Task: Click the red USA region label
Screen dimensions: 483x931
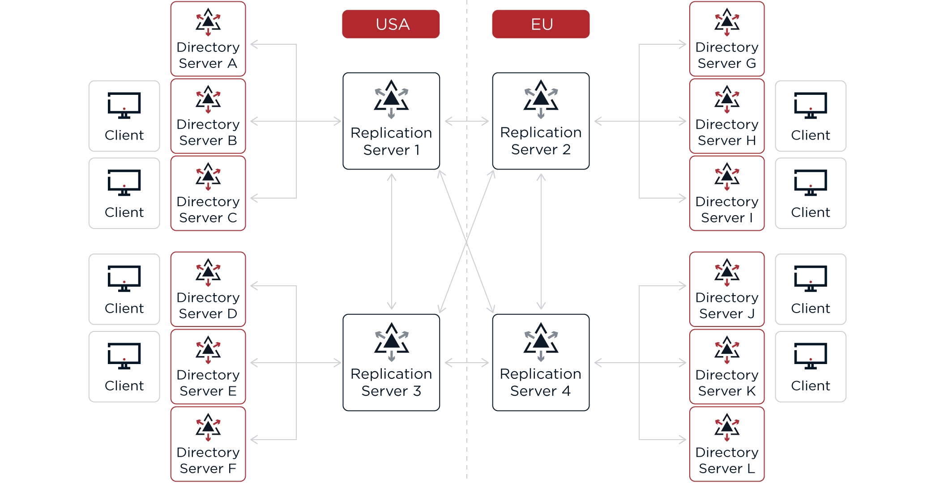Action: (x=391, y=24)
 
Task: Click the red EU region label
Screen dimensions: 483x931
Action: (x=541, y=24)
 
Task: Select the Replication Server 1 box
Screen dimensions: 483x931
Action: (x=391, y=121)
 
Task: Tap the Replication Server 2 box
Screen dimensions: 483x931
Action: (x=541, y=121)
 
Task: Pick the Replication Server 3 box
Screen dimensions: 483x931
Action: (x=391, y=363)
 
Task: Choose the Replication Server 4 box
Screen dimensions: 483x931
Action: (x=541, y=363)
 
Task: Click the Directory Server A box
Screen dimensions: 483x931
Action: (x=208, y=39)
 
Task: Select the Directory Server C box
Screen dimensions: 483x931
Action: (x=208, y=193)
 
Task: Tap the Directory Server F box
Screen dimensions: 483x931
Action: (x=208, y=444)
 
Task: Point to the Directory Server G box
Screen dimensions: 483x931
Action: (x=727, y=39)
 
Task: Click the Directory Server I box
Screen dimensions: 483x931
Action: (x=727, y=193)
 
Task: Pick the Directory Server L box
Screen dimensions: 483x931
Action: (x=727, y=444)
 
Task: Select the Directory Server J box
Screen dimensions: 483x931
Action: (x=727, y=289)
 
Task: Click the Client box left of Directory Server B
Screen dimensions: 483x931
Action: (x=124, y=116)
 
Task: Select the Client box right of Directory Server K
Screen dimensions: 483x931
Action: (x=811, y=367)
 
